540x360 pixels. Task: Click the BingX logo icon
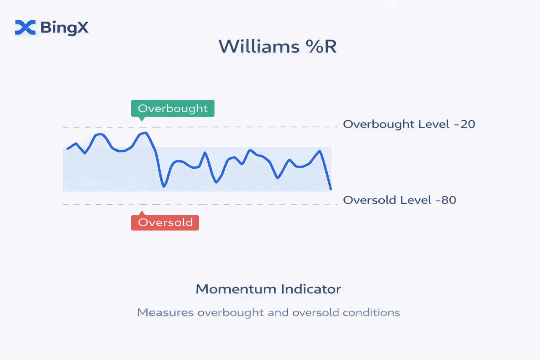tap(25, 27)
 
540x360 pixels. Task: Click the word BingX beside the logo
tap(65, 28)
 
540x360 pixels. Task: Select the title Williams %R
tap(278, 46)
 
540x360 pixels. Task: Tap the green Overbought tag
tap(173, 108)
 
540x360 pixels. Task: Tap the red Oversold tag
tap(165, 222)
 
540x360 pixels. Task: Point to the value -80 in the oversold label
tap(445, 200)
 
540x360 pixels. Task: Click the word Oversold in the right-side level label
tap(370, 200)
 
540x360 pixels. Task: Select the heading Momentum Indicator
tap(268, 289)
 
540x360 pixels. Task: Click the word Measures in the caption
tap(165, 312)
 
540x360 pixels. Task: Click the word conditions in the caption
tap(371, 312)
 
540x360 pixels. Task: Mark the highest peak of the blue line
tap(146, 133)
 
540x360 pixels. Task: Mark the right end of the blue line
tap(331, 189)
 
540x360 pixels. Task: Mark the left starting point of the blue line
tap(67, 149)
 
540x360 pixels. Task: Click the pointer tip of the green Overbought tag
tap(142, 121)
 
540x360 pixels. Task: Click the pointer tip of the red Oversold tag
tap(142, 211)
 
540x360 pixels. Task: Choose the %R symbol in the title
tap(321, 46)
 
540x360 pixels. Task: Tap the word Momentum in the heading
tap(236, 289)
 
